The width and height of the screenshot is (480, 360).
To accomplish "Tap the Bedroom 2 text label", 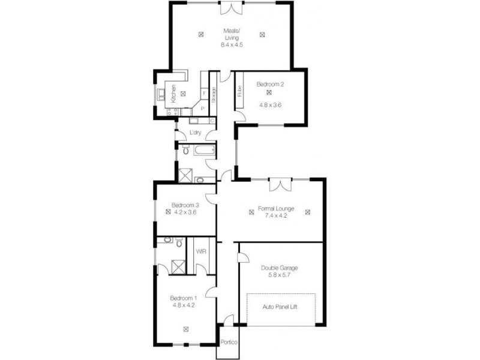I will (270, 85).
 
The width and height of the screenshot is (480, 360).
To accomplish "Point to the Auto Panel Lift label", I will (280, 306).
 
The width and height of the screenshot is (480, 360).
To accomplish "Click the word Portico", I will (229, 343).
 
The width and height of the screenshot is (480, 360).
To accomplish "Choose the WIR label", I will (202, 251).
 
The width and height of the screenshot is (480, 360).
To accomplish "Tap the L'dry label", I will (194, 133).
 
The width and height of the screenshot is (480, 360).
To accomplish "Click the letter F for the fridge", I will (204, 93).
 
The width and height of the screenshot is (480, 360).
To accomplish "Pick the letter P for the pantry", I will (202, 109).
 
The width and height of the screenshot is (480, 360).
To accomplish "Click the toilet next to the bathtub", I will (185, 151).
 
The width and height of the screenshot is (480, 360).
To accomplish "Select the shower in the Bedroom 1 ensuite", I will (178, 265).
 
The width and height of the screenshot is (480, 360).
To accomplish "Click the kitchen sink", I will (160, 94).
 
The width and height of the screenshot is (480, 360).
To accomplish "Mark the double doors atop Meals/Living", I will (231, 8).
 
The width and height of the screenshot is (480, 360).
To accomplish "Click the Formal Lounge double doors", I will (280, 184).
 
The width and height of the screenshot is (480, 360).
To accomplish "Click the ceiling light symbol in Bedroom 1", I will (186, 328).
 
